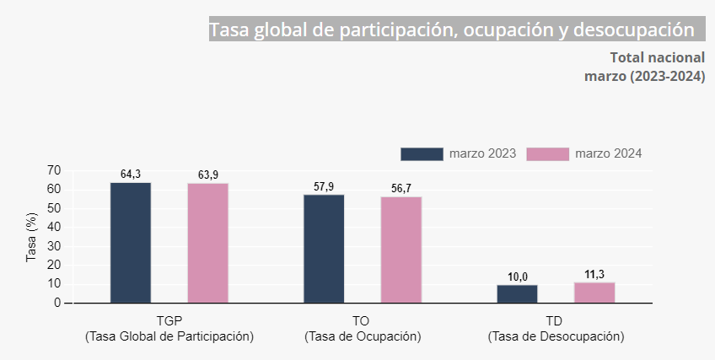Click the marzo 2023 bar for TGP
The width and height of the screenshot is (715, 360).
131,243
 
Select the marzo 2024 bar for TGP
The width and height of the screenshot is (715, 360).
208,243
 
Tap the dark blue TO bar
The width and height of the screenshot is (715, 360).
324,249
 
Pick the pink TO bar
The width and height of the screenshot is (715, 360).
401,250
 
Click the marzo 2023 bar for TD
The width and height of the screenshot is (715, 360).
517,293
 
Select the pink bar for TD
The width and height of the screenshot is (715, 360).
594,293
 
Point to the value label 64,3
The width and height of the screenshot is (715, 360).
131,175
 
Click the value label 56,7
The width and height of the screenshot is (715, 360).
401,188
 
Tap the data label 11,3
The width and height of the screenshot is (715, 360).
594,274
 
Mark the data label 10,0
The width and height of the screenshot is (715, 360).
517,277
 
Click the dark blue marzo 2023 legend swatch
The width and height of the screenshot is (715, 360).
422,153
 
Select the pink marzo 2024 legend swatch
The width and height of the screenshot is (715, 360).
547,153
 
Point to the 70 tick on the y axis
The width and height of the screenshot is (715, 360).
54,170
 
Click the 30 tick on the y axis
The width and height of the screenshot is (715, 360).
54,246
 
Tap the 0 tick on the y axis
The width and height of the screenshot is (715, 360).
57,303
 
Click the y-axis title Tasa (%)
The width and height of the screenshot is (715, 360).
32,237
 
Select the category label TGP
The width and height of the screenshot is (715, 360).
169,321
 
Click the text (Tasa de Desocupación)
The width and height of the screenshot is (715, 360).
556,336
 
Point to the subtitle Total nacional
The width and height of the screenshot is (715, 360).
657,57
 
